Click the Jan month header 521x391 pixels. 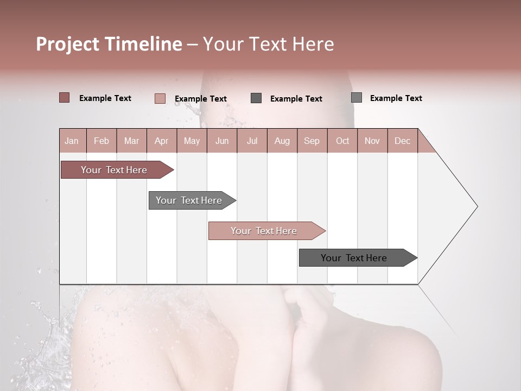coord(72,141)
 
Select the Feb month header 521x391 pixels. coord(101,141)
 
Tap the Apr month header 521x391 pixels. coord(161,141)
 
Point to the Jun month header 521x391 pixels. coord(222,141)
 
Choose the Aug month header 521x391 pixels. coord(282,141)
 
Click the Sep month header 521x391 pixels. coord(312,141)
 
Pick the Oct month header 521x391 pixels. coord(342,141)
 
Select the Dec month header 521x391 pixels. coord(402,141)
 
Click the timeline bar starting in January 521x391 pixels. coord(115,170)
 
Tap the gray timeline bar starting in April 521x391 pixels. coord(189,200)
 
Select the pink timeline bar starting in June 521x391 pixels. coord(264,231)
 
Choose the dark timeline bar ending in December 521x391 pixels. coord(354,258)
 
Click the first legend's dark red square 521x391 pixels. coord(65,98)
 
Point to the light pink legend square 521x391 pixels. coord(160,98)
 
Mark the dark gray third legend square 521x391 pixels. coord(256,98)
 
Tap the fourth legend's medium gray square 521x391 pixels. coord(357,98)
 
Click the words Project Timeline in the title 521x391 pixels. coord(109,44)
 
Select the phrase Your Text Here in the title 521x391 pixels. coord(269,44)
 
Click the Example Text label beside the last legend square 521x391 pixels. coord(396,98)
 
